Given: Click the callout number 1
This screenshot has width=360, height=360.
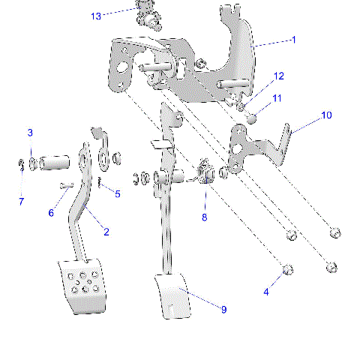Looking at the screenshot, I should click(x=293, y=40).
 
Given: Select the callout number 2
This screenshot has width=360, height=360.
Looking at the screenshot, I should click(x=106, y=232).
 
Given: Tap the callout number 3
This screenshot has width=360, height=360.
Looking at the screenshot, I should click(x=30, y=133).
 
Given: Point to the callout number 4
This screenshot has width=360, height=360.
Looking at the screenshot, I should click(x=265, y=292).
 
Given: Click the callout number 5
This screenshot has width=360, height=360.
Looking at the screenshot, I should click(x=117, y=194).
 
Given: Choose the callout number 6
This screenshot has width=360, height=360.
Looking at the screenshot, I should click(x=51, y=213).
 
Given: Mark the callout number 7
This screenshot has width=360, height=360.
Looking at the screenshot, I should click(x=21, y=201).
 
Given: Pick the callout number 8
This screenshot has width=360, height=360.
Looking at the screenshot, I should click(x=202, y=217).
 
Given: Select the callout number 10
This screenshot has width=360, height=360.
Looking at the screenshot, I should click(x=325, y=115).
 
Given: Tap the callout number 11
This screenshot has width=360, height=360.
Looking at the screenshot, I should click(x=277, y=98).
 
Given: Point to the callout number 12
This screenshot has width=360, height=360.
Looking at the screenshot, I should click(x=278, y=76).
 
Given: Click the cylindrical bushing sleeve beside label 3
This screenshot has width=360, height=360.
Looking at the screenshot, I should click(x=56, y=162).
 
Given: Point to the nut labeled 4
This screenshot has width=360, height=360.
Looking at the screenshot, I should click(x=287, y=270).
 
